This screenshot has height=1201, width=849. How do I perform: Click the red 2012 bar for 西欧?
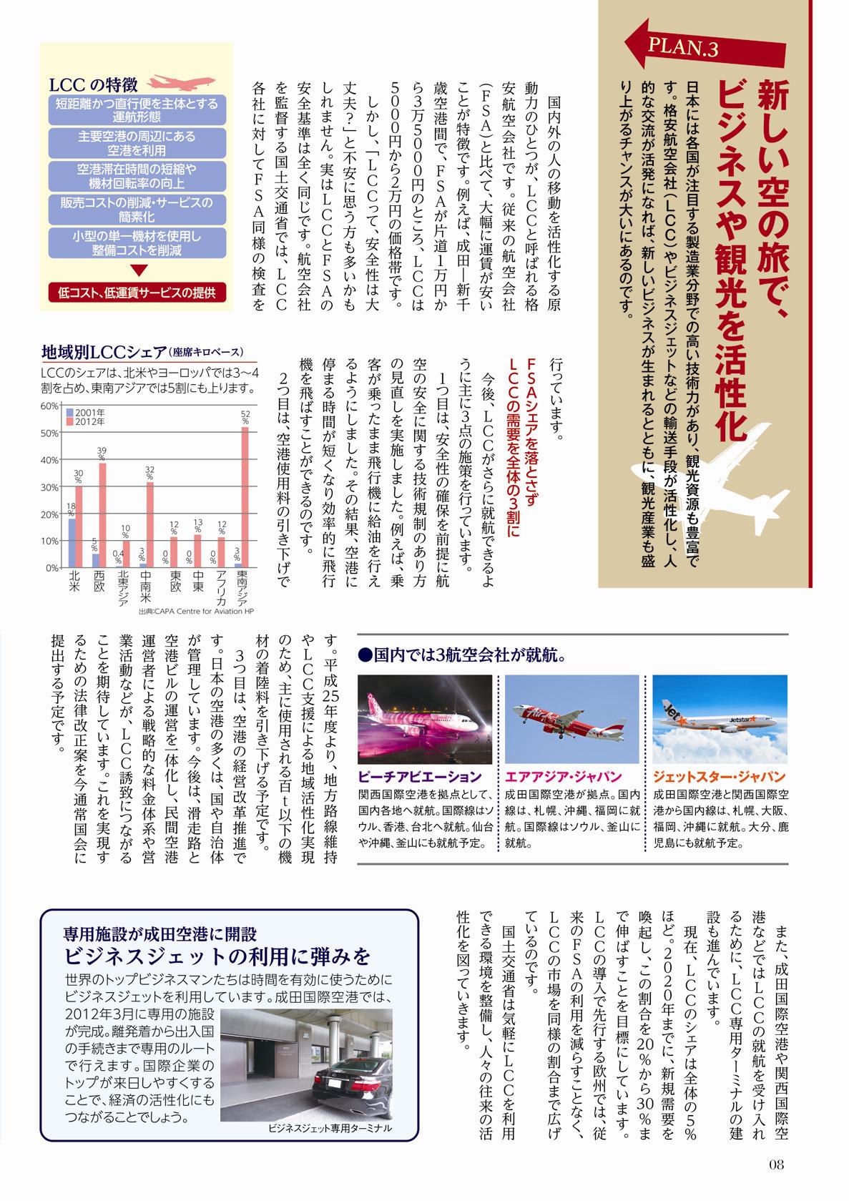102,515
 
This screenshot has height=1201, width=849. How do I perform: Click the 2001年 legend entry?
90,413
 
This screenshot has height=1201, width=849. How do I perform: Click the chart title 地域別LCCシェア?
104,352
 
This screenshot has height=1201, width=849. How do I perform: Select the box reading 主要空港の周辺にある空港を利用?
137,143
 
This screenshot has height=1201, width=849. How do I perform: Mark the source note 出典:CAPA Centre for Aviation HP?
197,612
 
